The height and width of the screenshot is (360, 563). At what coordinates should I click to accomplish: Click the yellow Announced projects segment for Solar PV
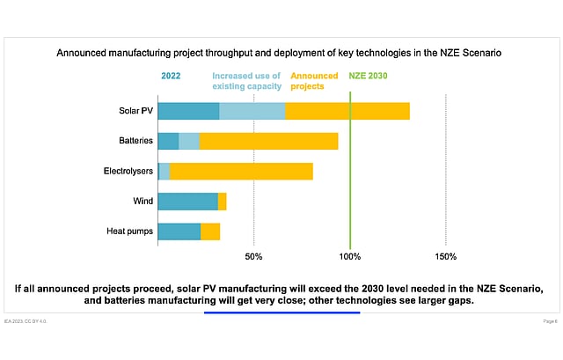tap(347, 111)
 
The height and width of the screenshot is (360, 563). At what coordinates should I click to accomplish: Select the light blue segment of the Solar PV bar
tap(252, 111)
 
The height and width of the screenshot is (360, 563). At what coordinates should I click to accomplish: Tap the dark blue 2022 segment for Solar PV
tap(188, 111)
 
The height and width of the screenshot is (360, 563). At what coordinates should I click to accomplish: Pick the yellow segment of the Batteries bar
tap(268, 141)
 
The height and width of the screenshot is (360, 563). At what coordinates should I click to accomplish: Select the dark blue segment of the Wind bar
tap(187, 202)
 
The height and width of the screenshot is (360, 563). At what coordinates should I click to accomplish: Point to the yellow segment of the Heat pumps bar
tap(210, 231)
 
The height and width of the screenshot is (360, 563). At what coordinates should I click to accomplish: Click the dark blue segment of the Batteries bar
tap(168, 141)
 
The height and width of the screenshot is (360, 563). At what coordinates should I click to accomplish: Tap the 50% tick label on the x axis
tap(253, 257)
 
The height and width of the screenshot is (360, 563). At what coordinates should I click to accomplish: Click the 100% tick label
tap(350, 257)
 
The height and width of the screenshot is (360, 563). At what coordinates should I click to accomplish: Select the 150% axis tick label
tap(446, 257)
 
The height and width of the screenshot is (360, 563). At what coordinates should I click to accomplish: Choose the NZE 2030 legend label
tap(368, 76)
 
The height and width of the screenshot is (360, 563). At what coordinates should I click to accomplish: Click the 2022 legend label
tap(171, 76)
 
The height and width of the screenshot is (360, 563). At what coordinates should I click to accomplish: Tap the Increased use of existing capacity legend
tap(247, 81)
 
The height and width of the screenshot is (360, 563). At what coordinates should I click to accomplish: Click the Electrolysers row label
tap(128, 172)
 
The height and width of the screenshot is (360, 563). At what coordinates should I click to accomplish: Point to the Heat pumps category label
tap(130, 231)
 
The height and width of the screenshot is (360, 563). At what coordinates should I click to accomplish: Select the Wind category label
tap(143, 202)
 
